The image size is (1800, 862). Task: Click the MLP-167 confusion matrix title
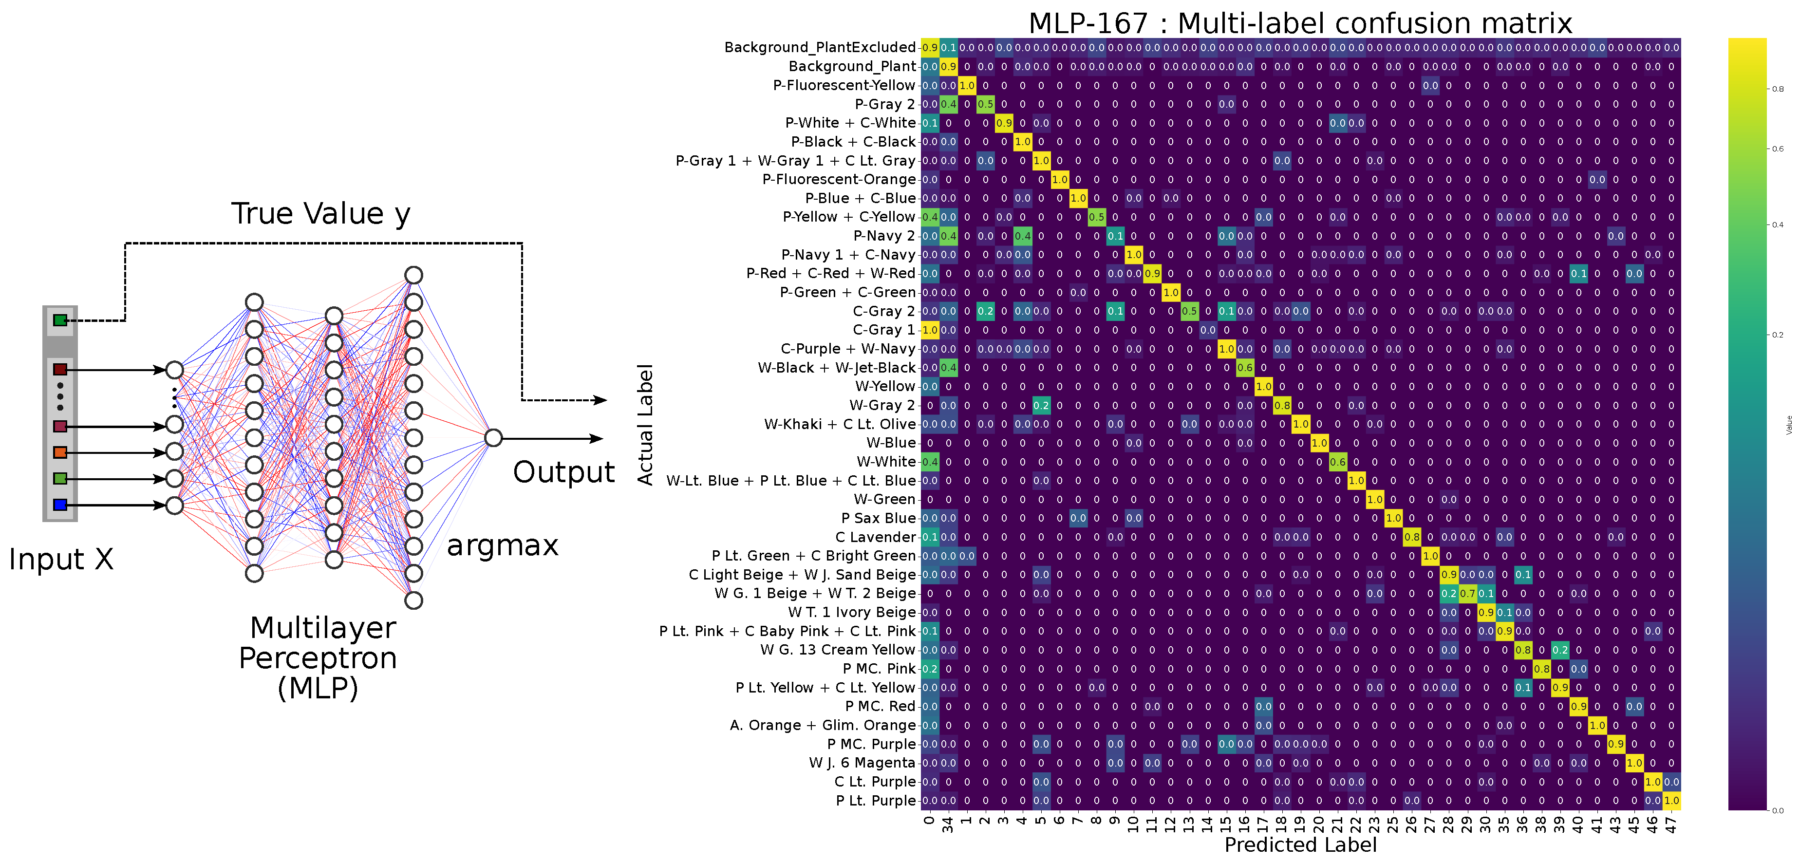1300,23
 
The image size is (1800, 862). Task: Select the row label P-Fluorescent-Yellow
844,85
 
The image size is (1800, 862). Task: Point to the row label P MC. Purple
871,744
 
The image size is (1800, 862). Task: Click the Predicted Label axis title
1300,845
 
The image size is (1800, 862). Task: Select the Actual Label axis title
644,424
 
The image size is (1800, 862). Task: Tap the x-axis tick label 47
1671,825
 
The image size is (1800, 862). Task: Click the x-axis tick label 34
948,825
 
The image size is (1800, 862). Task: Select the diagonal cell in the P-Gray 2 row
985,104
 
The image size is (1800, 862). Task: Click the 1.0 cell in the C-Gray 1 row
929,330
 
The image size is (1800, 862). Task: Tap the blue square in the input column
60,505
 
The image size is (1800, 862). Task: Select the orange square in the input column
60,452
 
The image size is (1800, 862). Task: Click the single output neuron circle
493,438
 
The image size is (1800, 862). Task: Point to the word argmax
503,545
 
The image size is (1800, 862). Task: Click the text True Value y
321,214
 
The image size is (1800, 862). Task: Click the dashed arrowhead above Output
600,400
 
